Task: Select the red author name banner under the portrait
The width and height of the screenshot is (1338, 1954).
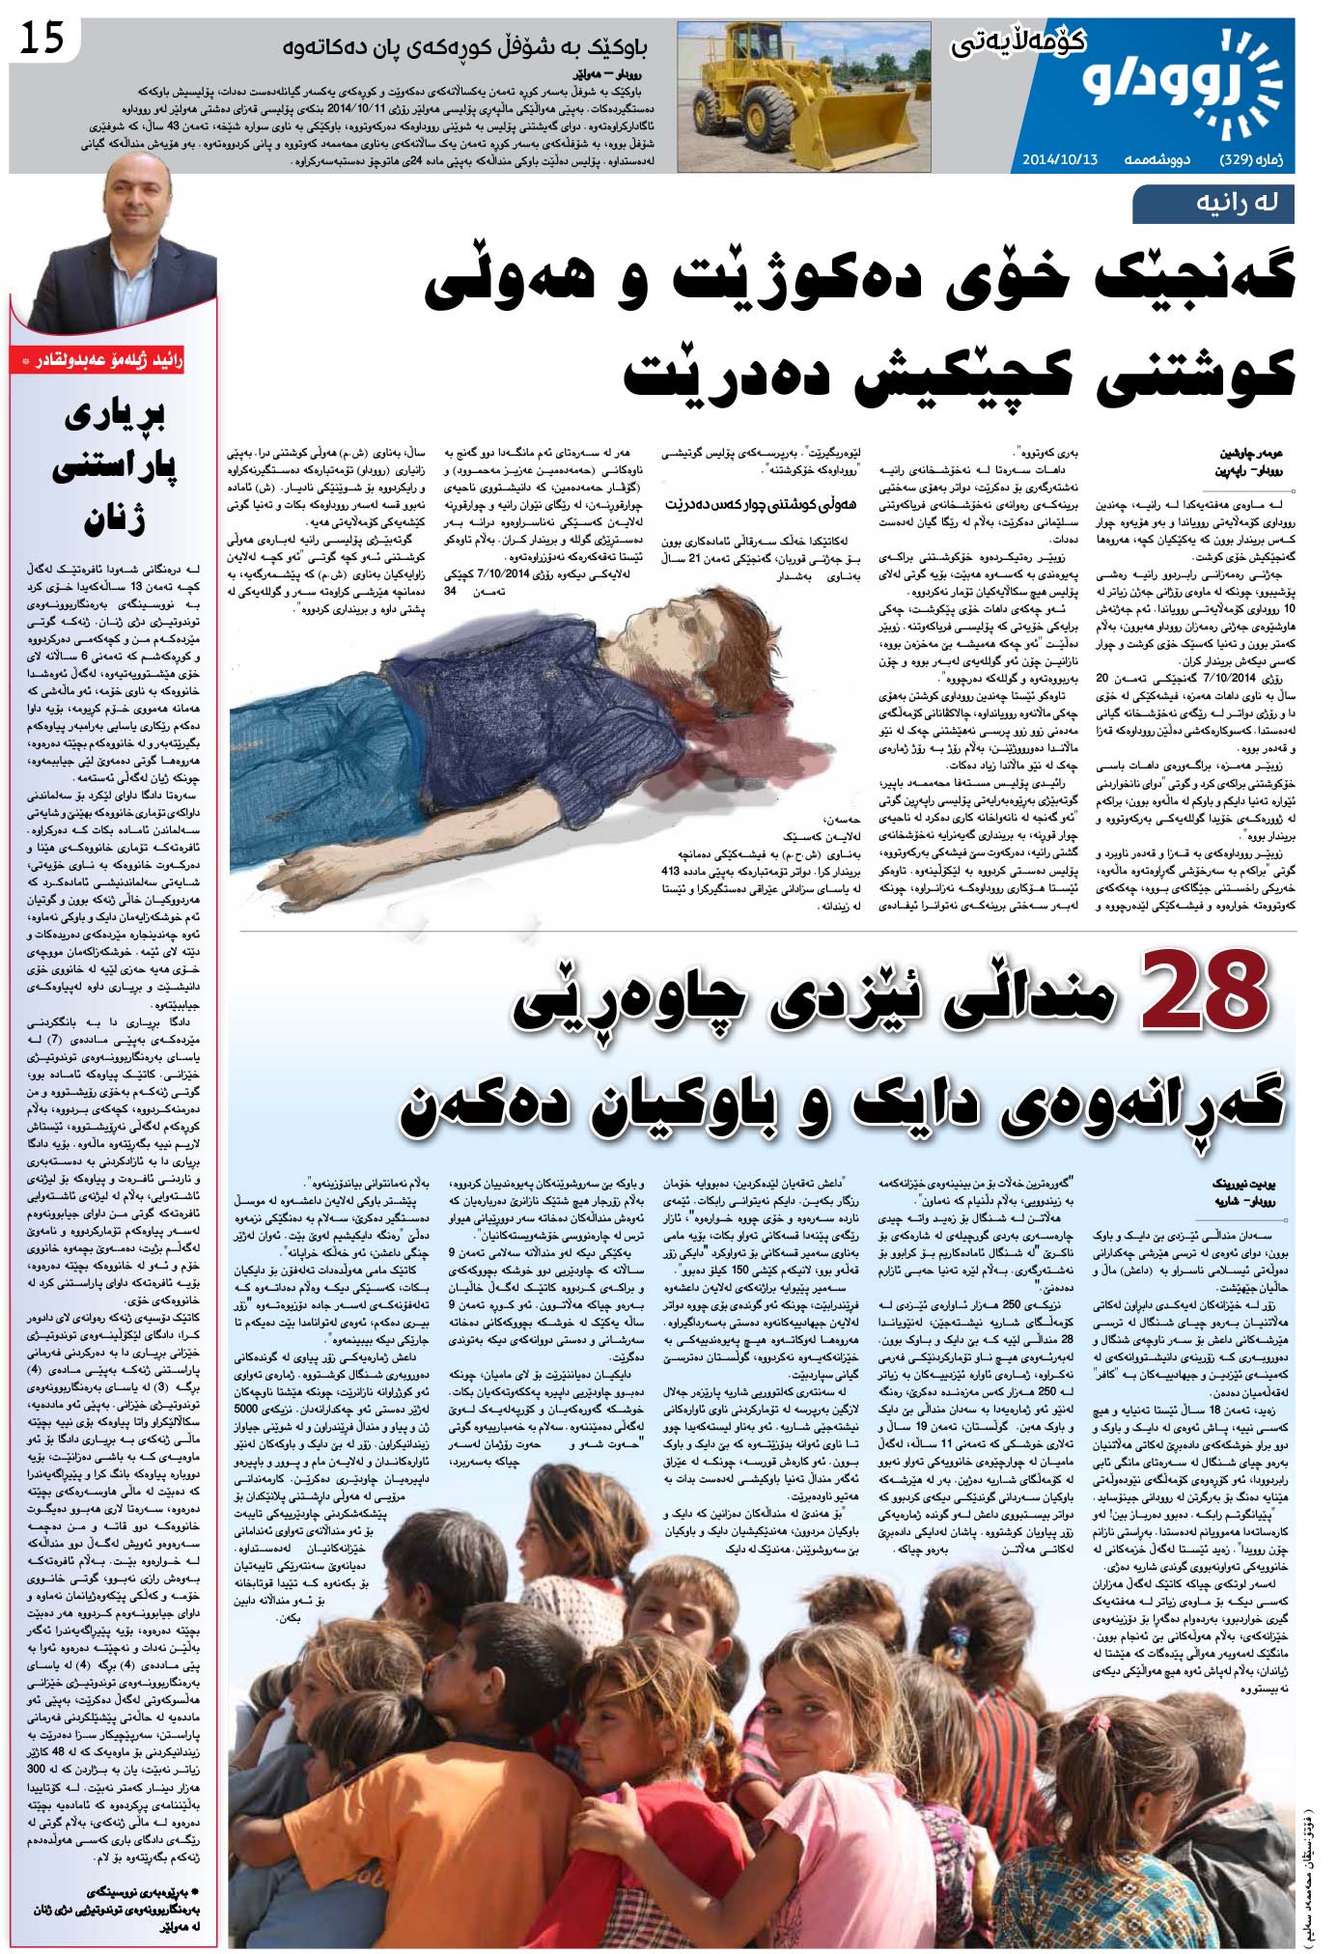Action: pos(112,361)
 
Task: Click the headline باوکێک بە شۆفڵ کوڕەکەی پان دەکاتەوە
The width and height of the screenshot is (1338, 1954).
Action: pos(464,46)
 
